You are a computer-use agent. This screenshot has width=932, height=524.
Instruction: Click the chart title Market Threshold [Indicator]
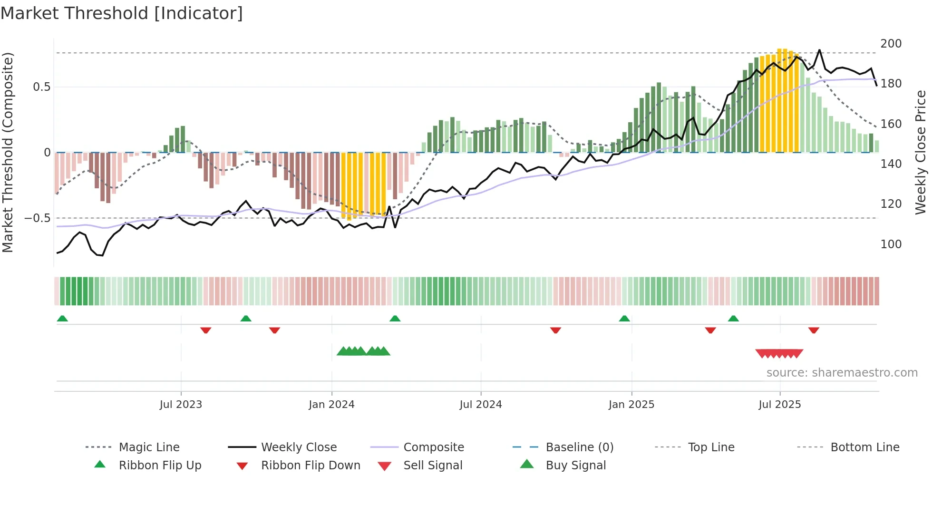122,13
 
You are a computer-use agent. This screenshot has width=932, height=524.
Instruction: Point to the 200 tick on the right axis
891,44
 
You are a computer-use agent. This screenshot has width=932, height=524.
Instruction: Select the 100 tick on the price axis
891,244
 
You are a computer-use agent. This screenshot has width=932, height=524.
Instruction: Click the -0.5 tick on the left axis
38,218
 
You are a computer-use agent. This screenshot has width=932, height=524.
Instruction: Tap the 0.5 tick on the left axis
41,87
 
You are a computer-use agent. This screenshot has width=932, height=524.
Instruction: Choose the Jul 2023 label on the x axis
181,405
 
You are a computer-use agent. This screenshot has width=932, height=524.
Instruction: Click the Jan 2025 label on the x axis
631,405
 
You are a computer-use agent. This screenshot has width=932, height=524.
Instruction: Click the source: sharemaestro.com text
842,373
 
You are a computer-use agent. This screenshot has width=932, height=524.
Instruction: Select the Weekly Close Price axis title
921,152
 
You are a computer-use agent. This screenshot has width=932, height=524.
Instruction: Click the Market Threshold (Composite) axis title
8,152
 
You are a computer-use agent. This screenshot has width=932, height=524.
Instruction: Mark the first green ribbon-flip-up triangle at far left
62,319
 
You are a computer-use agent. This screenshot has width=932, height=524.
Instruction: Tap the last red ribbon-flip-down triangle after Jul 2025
814,330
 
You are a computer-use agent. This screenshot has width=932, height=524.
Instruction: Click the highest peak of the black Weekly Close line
819,50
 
